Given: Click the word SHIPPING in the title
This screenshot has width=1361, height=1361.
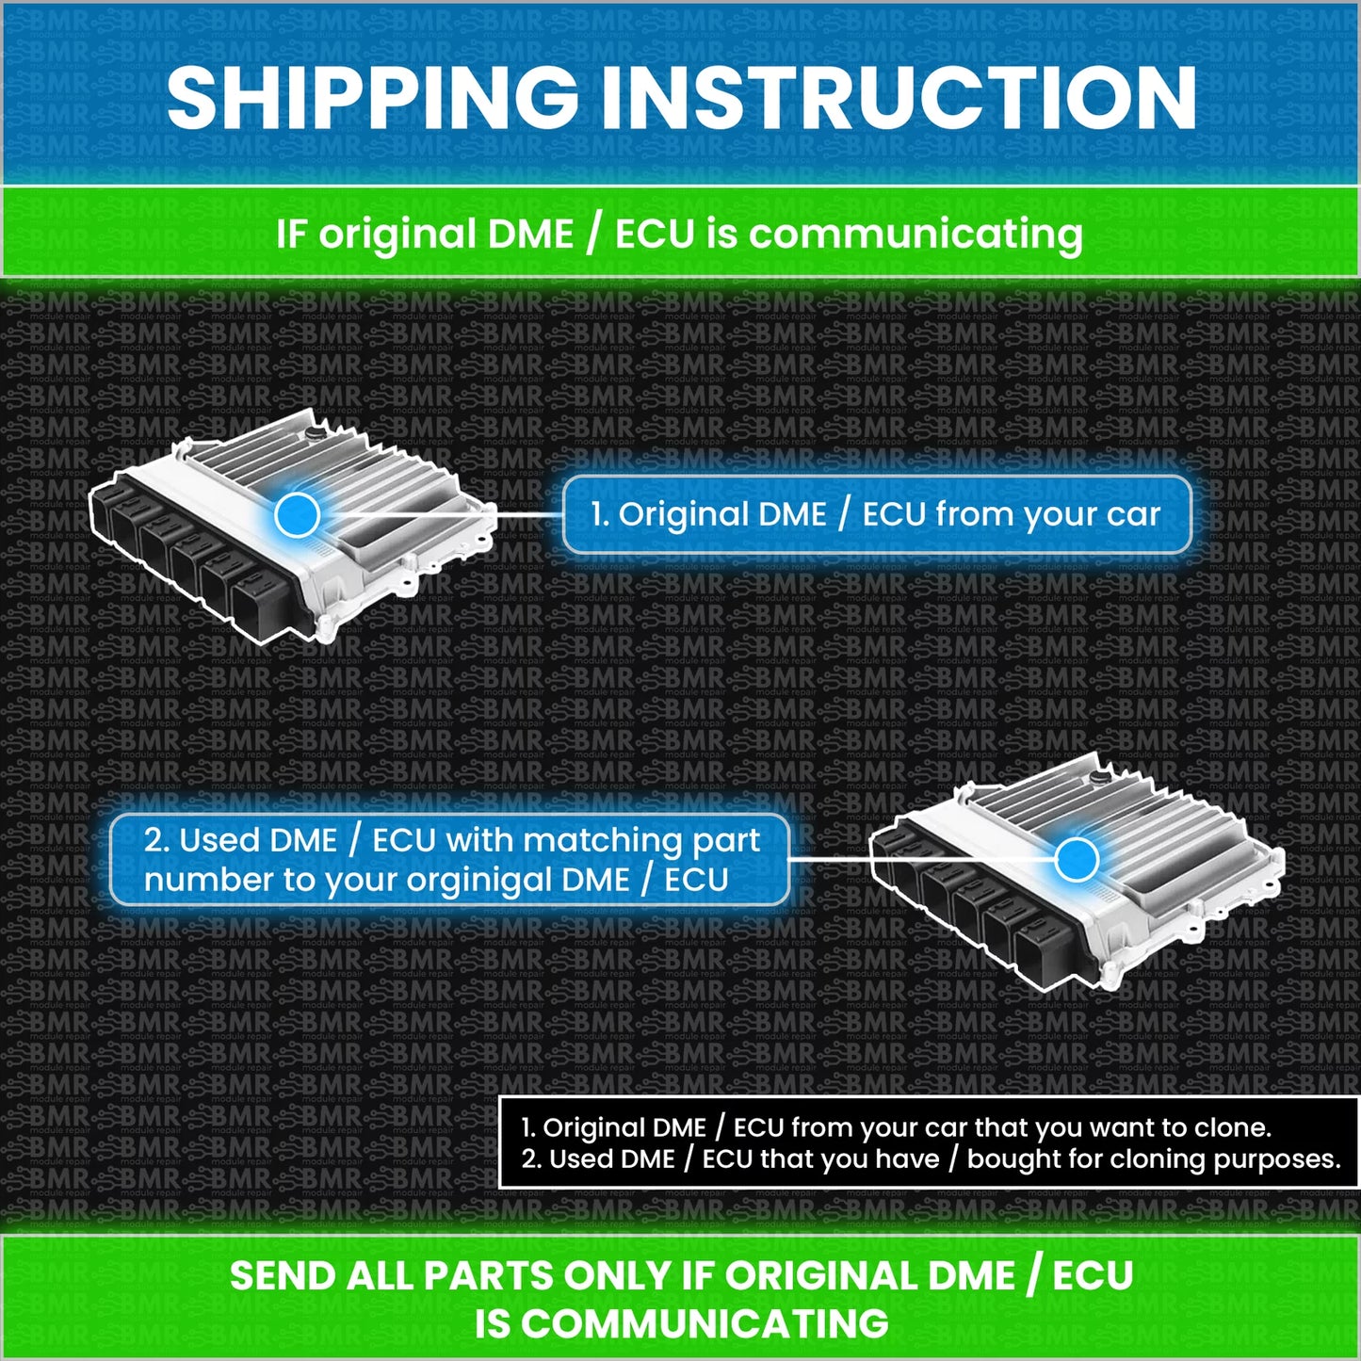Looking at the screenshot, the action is pyautogui.click(x=372, y=99).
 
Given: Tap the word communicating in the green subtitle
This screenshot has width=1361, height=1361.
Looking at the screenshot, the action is pyautogui.click(x=916, y=235).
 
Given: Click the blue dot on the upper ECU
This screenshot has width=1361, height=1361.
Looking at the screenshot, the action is pyautogui.click(x=298, y=515).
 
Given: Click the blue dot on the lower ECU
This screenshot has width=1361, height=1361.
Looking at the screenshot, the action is pyautogui.click(x=1077, y=860).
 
